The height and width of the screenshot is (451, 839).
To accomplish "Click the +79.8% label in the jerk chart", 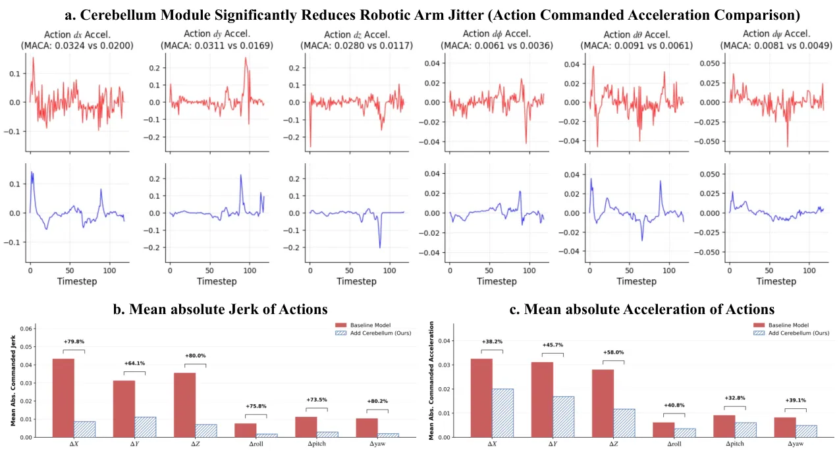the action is click(x=74, y=342).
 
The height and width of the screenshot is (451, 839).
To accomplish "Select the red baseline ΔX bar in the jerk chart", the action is click(x=63, y=398).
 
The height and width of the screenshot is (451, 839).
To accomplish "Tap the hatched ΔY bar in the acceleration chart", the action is click(x=563, y=417).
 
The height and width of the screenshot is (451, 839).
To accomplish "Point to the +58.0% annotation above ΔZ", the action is click(x=613, y=352).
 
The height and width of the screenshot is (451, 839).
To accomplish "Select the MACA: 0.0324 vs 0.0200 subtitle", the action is click(x=77, y=45).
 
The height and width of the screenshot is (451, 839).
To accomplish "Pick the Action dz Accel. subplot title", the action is click(x=357, y=35).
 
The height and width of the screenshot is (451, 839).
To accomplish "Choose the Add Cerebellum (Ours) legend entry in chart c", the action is click(x=791, y=333).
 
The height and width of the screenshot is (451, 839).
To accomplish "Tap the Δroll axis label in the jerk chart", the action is click(x=256, y=444).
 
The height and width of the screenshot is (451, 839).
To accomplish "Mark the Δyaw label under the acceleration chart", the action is click(x=796, y=444).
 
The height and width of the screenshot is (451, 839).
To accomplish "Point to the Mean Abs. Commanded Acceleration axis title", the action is click(x=431, y=381).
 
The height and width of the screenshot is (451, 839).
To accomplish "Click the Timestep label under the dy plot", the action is click(x=217, y=281).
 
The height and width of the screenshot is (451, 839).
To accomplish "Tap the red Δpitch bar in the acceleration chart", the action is click(x=724, y=426).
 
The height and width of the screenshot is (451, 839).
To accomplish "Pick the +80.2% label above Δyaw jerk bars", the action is click(x=377, y=401).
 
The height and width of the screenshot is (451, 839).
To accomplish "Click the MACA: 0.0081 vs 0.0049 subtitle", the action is click(x=776, y=45).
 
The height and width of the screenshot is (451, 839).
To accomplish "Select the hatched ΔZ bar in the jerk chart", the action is click(x=206, y=431).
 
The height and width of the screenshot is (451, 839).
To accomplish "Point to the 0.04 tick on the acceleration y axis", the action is click(x=444, y=341).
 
